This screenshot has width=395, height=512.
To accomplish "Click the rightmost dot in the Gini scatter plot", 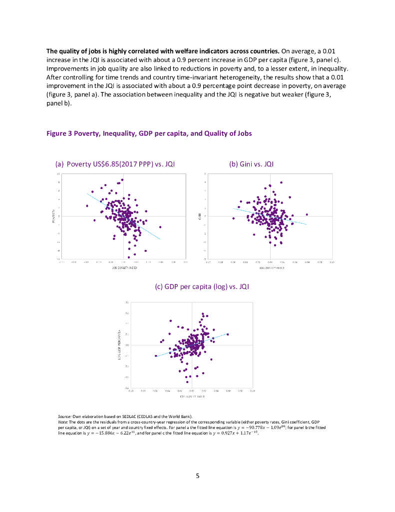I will (x=307, y=214).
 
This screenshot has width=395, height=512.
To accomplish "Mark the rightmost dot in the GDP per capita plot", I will (x=228, y=334).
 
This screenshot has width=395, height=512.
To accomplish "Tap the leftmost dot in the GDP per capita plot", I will (x=156, y=356).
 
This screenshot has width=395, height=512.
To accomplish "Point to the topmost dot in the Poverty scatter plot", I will (x=122, y=179).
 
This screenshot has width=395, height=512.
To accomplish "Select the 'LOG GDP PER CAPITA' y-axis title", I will (x=120, y=344).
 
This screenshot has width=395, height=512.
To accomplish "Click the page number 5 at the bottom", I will (x=198, y=475).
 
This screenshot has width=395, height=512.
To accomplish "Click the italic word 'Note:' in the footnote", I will (x=63, y=420).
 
